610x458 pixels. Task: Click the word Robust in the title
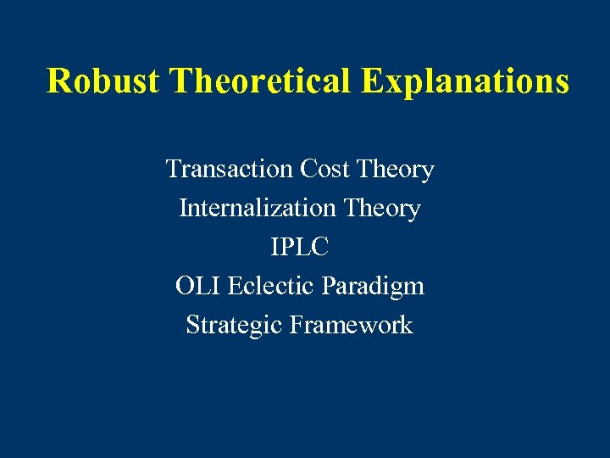[x=103, y=81]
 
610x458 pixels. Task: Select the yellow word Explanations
[x=465, y=81]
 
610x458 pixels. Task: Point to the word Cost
[x=324, y=170]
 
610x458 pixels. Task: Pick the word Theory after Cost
[x=396, y=170]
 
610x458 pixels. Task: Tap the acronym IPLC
[x=299, y=248]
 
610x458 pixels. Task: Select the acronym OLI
[x=197, y=287]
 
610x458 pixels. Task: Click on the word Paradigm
[x=373, y=287]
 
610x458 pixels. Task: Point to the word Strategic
[x=235, y=326]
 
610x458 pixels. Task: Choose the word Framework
[x=351, y=326]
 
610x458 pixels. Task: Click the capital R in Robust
[x=58, y=81]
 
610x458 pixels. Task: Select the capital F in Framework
[x=297, y=326]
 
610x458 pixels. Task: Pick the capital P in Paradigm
[x=328, y=287]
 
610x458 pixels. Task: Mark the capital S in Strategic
[x=192, y=326]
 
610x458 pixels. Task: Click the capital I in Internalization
[x=183, y=209]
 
